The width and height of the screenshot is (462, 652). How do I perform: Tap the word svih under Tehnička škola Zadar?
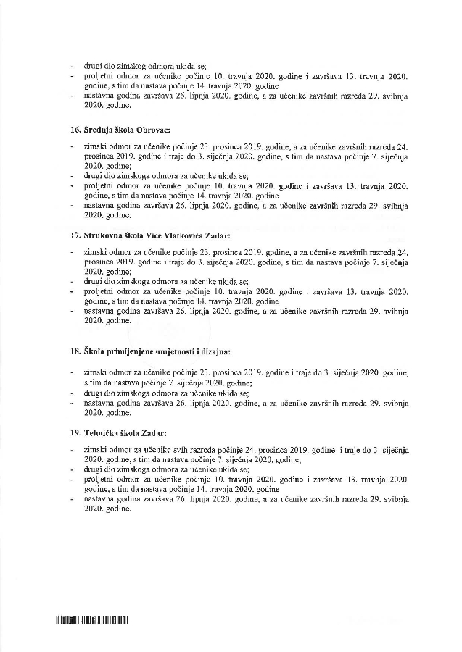click(x=182, y=450)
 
